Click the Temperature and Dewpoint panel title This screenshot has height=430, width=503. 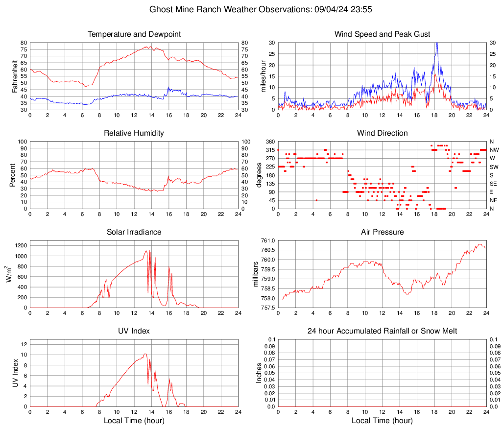(x=134, y=34)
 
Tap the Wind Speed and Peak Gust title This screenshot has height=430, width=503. (x=382, y=34)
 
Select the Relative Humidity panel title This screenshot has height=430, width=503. (x=134, y=133)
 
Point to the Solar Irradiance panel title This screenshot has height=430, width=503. (x=134, y=232)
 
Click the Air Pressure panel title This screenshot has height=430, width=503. (x=382, y=232)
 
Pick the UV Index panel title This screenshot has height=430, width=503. (x=134, y=331)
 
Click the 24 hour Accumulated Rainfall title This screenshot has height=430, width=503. (x=382, y=331)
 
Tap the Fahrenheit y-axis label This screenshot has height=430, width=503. (x=14, y=76)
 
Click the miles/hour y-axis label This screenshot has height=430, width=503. (x=263, y=76)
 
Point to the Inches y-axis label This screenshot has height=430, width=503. (x=259, y=373)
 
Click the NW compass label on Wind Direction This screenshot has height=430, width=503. (x=494, y=150)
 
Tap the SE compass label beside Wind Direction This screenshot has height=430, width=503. (x=494, y=184)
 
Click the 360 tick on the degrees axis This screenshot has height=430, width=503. (x=269, y=142)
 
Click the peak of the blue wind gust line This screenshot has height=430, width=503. (x=436, y=43)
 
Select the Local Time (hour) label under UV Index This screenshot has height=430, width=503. (x=134, y=421)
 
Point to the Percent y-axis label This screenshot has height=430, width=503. (x=13, y=175)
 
